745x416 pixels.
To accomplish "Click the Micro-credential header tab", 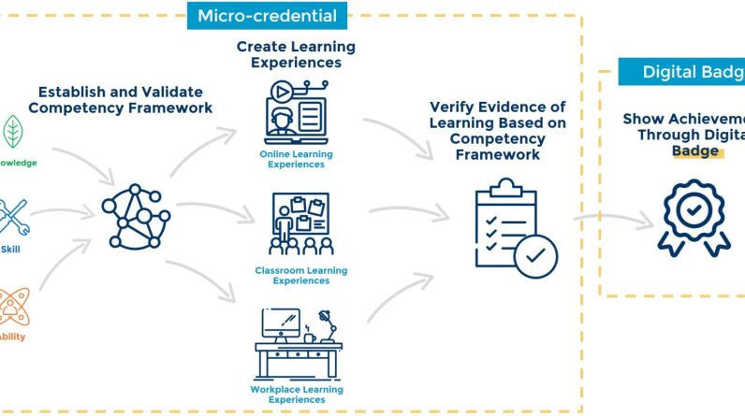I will (x=267, y=15).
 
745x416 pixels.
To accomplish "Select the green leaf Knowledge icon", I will (x=14, y=131).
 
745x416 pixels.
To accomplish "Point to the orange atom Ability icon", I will (x=11, y=306).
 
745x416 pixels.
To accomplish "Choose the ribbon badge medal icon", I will (x=693, y=217).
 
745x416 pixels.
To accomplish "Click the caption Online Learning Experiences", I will (x=296, y=159).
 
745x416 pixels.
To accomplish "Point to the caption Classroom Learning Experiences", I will (x=301, y=276).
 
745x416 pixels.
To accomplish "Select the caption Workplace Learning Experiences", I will (x=297, y=394).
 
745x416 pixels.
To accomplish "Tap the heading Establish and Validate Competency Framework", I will (x=120, y=100).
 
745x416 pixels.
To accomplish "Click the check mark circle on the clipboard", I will (x=535, y=254).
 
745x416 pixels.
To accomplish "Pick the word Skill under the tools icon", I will (x=10, y=250).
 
